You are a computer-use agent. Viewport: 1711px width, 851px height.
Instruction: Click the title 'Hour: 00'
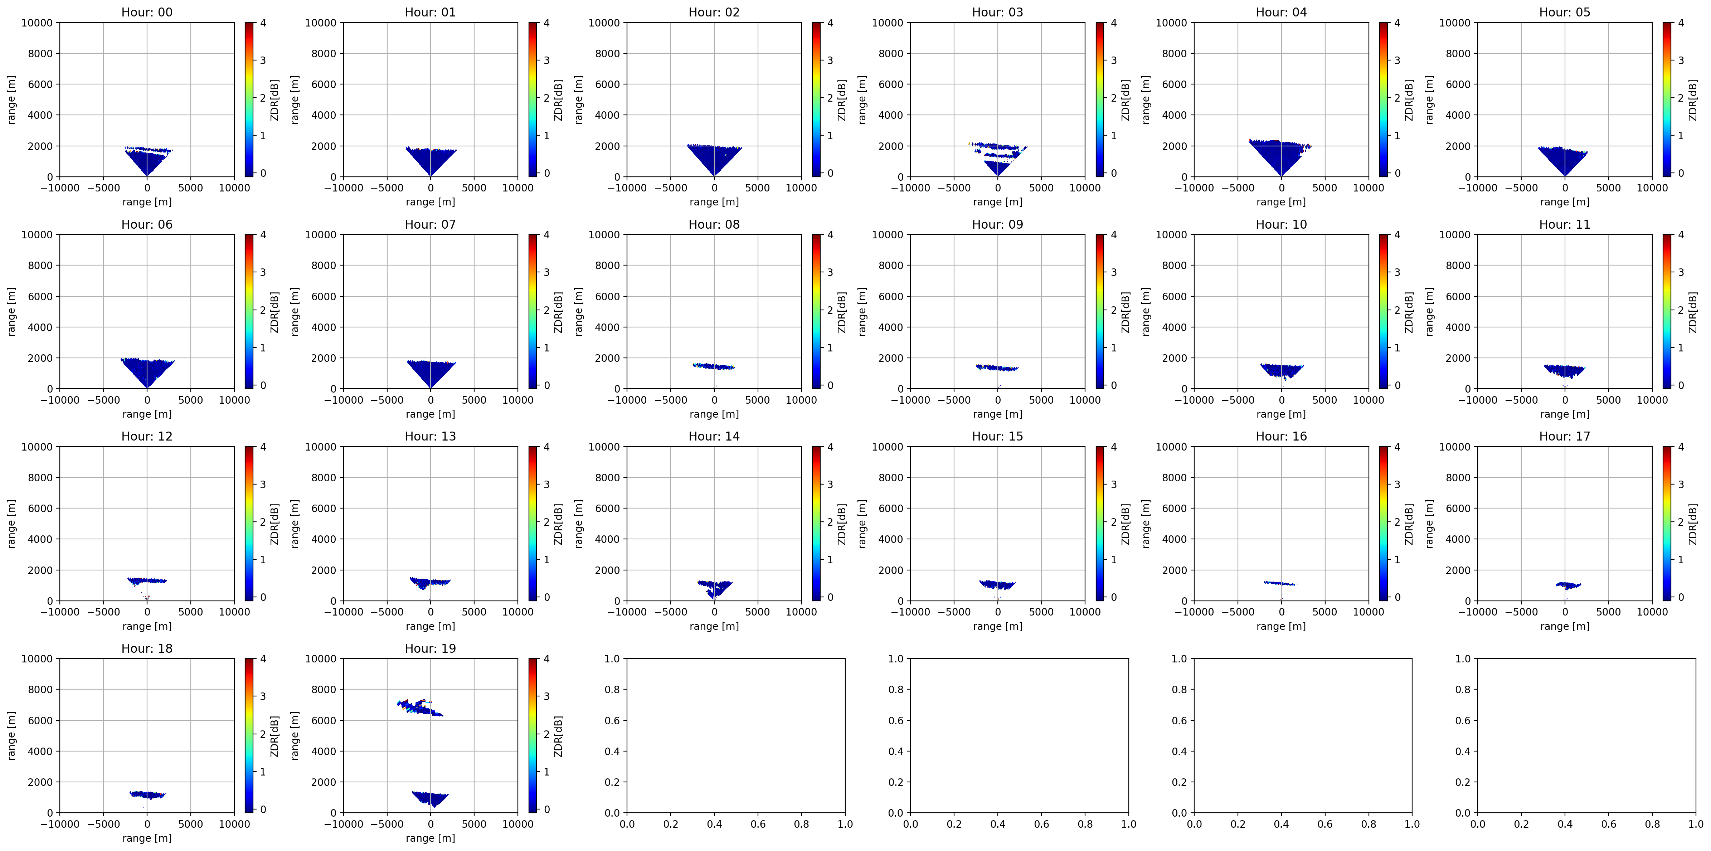[x=147, y=12]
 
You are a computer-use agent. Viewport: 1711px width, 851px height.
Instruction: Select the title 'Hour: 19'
[x=431, y=648]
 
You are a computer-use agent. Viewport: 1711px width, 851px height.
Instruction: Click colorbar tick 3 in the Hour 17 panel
[x=1681, y=484]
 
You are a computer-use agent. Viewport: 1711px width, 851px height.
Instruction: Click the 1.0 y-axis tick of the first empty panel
[x=612, y=659]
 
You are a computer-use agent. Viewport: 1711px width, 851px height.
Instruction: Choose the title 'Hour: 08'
[x=714, y=224]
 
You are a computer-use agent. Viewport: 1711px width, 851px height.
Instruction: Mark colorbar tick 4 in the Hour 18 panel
[x=263, y=659]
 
